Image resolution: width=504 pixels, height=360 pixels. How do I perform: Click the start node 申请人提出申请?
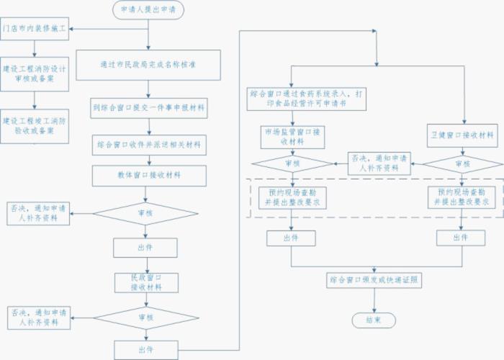148,9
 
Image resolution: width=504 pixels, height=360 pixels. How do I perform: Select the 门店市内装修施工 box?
35,30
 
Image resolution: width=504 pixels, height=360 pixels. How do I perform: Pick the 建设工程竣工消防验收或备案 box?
35,121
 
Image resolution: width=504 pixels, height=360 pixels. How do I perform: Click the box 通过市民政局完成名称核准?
148,65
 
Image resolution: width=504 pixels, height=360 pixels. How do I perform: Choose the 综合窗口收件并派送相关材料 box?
148,145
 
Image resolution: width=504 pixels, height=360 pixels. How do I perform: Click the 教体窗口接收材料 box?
148,175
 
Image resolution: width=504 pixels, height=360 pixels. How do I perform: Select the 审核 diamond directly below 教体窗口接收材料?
145,212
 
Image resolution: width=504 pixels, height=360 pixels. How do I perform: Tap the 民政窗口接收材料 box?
145,282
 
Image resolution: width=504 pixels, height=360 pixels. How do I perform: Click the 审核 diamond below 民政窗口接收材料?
145,317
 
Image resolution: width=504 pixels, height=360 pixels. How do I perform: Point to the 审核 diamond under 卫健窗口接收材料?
462,164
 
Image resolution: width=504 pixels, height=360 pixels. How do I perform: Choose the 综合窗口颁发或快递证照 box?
374,279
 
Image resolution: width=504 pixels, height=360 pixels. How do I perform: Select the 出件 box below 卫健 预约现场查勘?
461,237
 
